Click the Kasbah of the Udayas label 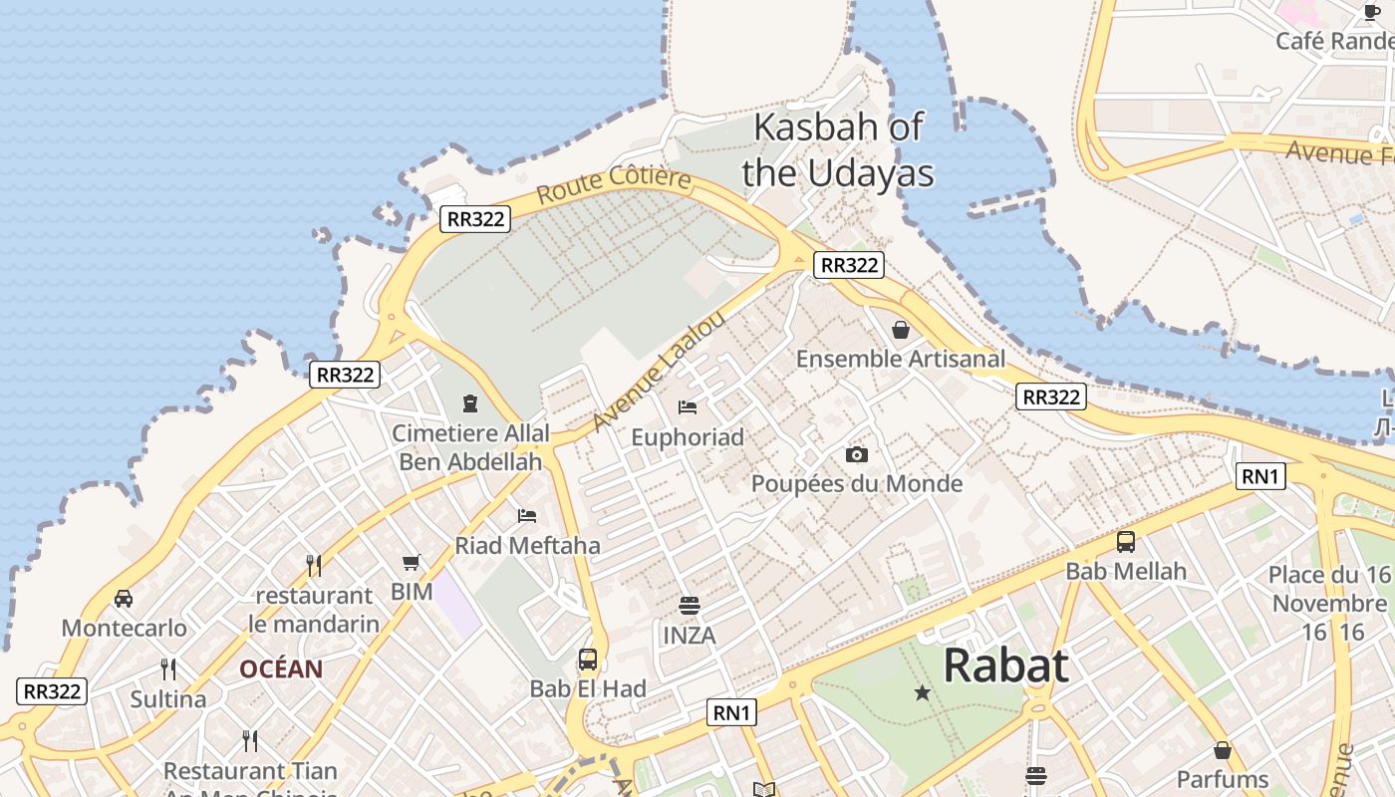click(838, 149)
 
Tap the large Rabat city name click(1005, 665)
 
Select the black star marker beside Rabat click(923, 692)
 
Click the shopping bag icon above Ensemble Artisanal click(901, 330)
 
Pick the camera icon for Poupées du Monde click(856, 455)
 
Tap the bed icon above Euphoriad click(688, 407)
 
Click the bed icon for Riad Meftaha click(527, 516)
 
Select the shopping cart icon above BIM click(412, 563)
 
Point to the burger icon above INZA click(689, 606)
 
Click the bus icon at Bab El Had click(588, 660)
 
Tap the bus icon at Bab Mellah click(1126, 542)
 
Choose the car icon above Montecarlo click(124, 599)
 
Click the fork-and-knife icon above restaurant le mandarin click(314, 566)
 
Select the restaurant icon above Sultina click(168, 669)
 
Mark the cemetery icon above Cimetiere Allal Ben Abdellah click(470, 403)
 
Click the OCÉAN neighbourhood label click(281, 669)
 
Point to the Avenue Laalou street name click(659, 372)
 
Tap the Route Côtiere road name click(614, 184)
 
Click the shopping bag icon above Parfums click(1223, 750)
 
